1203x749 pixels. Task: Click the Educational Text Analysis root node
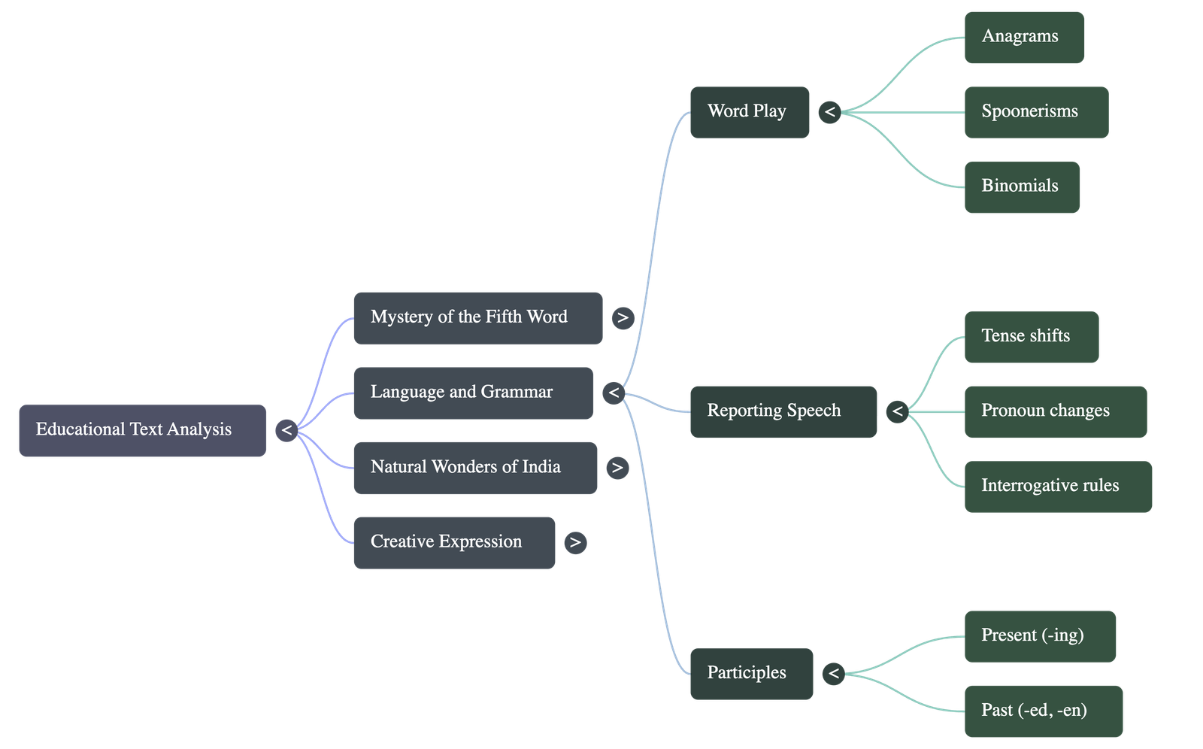[x=142, y=430]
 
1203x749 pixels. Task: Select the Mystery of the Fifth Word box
[x=477, y=317]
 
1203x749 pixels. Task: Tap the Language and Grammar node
[x=473, y=393]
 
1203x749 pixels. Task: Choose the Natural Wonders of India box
[x=475, y=468]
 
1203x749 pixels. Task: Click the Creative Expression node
[x=454, y=542]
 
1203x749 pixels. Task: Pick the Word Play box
[x=749, y=112]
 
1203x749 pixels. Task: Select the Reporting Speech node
[x=783, y=411]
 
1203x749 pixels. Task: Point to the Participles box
[x=750, y=673]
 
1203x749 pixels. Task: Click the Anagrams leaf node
[x=1023, y=37]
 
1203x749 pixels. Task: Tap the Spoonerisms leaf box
[x=1035, y=112]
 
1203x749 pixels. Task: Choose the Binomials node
[x=1021, y=186]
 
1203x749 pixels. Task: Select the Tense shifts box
[x=1031, y=337]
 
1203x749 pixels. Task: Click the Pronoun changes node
[x=1055, y=411]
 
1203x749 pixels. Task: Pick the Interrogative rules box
[x=1057, y=487]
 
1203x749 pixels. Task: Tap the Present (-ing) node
[x=1040, y=635]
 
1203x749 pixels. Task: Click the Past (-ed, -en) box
[x=1043, y=711]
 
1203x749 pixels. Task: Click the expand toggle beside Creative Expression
[x=575, y=542]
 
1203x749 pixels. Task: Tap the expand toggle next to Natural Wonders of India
[x=617, y=468]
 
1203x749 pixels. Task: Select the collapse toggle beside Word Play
[x=830, y=112]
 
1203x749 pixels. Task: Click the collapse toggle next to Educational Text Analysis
[x=286, y=430]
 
